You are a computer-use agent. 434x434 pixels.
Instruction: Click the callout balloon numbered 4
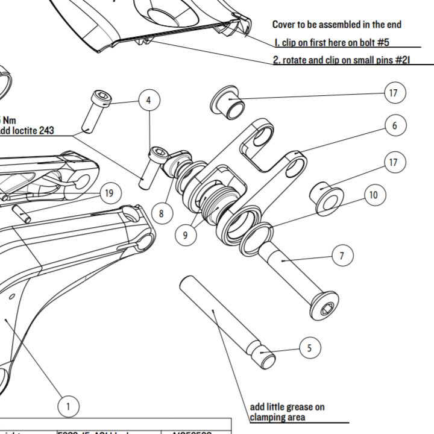[x=149, y=100]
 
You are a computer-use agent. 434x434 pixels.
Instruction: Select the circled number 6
[x=395, y=125]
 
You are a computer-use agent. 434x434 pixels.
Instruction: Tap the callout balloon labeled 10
[x=374, y=195]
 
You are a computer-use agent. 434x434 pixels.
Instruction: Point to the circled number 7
[x=342, y=256]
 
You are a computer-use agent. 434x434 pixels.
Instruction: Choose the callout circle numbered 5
[x=309, y=348]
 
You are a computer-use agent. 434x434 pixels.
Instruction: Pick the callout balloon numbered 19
[x=108, y=193]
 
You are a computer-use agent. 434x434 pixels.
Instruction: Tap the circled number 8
[x=161, y=213]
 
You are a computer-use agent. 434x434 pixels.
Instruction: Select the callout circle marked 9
[x=185, y=235]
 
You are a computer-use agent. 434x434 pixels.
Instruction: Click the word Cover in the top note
[x=285, y=25]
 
